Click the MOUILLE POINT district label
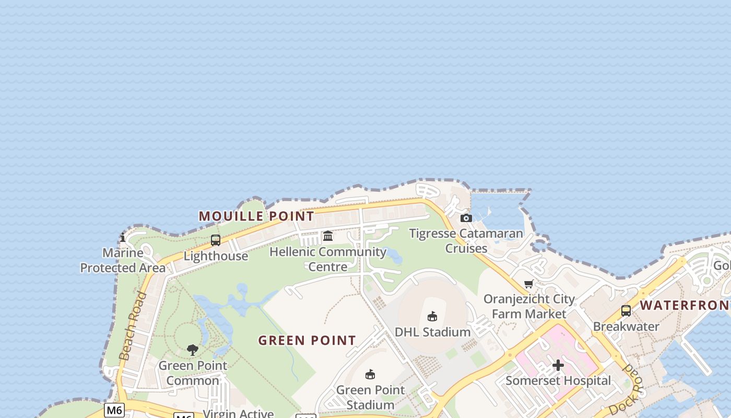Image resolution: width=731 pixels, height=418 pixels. click(256, 216)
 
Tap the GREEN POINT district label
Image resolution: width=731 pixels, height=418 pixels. click(307, 341)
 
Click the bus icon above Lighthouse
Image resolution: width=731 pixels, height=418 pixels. click(216, 240)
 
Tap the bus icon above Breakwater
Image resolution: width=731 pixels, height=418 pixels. click(626, 311)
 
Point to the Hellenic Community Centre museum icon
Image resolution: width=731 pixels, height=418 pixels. click(328, 236)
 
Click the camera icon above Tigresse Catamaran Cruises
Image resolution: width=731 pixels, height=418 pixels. click(466, 218)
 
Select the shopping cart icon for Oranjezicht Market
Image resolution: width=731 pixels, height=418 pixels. click(529, 284)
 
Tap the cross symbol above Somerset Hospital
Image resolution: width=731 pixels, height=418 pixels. click(558, 365)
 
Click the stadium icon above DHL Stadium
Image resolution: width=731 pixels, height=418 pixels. click(432, 316)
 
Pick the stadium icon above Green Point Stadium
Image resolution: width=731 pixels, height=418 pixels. click(370, 374)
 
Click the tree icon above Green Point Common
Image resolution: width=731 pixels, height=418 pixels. click(193, 350)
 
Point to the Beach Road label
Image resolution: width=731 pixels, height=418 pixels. click(132, 327)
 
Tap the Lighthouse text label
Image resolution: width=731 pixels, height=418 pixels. click(216, 256)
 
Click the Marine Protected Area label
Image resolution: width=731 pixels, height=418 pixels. click(123, 260)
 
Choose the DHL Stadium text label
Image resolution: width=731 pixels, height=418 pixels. click(432, 332)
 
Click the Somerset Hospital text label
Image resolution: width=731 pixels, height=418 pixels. click(558, 380)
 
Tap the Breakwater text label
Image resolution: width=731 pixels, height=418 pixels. click(626, 327)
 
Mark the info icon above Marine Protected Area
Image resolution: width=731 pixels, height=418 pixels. click(123, 238)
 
